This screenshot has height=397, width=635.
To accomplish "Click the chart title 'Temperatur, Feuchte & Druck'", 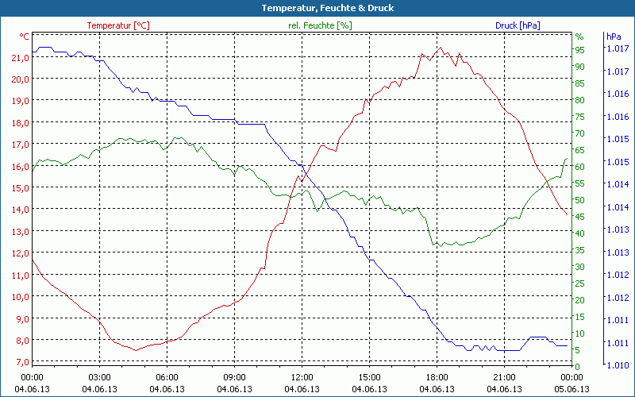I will (317, 8).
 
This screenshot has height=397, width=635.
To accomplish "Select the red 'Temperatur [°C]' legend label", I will (118, 25).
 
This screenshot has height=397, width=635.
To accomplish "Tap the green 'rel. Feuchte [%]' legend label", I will (319, 25).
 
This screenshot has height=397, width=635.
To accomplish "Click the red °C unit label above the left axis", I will (25, 37).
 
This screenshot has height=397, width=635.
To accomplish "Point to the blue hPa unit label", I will (614, 37).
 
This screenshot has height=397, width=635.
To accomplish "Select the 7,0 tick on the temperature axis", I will (21, 362).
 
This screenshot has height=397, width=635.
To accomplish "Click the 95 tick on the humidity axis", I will (579, 50).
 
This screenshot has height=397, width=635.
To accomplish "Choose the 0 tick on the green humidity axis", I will (578, 366).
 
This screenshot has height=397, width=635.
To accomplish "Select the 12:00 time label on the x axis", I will (302, 377).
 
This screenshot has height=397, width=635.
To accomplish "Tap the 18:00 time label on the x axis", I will (437, 377).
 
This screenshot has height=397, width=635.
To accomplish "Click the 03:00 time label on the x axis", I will (99, 377).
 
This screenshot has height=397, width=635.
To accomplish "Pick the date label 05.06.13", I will (571, 389).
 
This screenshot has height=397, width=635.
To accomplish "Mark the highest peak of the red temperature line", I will (441, 47).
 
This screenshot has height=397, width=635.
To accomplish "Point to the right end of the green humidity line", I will (567, 159).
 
